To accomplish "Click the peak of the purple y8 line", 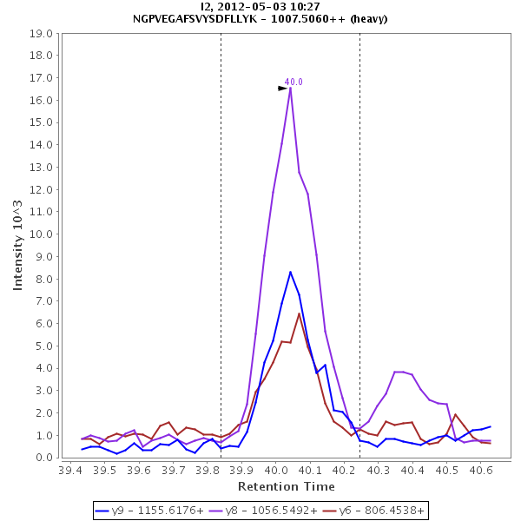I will pos(290,87).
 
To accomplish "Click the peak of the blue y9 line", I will pos(290,272).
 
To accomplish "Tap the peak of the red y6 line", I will pos(299,313).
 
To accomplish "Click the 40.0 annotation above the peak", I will pos(293,82).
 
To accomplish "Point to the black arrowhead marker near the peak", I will pos(282,88).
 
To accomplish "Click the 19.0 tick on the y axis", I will pos(43,34).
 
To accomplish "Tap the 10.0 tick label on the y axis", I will pos(43,234).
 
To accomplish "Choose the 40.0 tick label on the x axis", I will pos(275,470).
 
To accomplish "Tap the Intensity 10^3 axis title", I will pos(18,247).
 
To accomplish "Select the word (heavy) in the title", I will pos(364,18).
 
